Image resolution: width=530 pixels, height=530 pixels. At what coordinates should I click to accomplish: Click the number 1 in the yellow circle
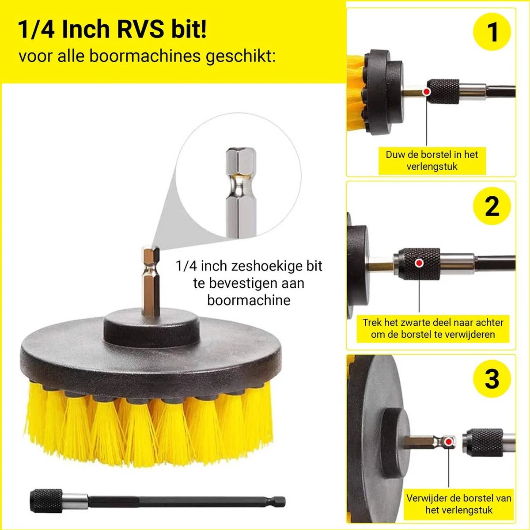(x=492, y=32)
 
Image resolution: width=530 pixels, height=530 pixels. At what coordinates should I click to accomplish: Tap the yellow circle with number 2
(x=492, y=206)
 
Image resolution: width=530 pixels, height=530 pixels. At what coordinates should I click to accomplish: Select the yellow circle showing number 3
(x=492, y=378)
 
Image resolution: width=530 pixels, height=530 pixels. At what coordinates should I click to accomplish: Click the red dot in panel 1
(x=426, y=92)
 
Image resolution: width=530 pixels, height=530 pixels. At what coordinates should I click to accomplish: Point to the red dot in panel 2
(x=419, y=263)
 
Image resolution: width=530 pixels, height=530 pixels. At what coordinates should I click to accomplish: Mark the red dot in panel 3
(x=449, y=442)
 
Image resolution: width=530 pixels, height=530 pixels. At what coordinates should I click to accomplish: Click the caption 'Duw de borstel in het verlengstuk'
(x=432, y=160)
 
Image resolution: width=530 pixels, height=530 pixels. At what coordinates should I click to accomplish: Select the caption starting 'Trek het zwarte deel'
(x=432, y=328)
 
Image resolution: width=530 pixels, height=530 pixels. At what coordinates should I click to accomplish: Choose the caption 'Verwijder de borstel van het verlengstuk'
(x=458, y=504)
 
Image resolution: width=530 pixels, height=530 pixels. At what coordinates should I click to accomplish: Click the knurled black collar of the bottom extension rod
(x=46, y=501)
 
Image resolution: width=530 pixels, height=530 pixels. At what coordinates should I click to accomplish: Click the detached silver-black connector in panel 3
(x=486, y=442)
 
